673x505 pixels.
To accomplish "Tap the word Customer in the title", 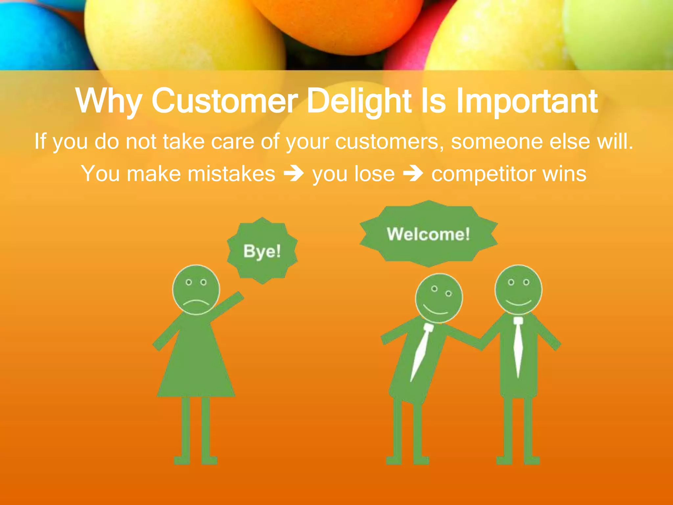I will click(224, 101).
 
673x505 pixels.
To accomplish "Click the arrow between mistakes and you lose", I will click(293, 174).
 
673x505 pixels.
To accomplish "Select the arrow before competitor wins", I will click(413, 174).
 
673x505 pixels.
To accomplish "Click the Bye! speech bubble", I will click(262, 251).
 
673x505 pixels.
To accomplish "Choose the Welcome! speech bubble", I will click(428, 234).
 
